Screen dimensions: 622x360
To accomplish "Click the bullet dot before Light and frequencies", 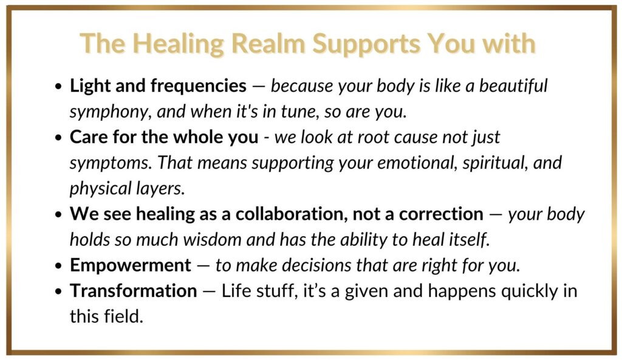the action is click(x=59, y=86).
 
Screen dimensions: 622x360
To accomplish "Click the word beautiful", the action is click(x=513, y=86).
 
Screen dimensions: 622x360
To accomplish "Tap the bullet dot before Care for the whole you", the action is click(x=59, y=138).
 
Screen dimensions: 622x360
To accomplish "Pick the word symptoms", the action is click(x=111, y=163).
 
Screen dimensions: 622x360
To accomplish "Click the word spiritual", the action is click(x=495, y=163).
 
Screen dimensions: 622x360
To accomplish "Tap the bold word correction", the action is click(x=441, y=214).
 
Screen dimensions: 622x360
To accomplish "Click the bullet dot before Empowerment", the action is click(x=59, y=266).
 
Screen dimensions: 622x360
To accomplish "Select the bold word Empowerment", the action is click(x=131, y=265).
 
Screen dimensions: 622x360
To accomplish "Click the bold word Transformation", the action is click(x=133, y=291).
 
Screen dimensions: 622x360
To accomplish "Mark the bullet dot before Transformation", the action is click(x=59, y=291).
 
